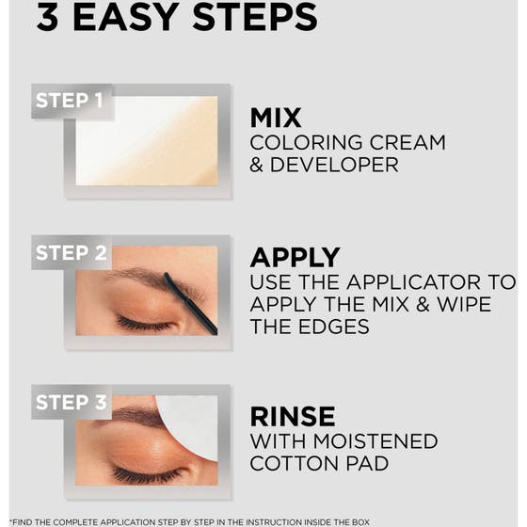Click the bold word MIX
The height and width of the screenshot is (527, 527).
(276, 118)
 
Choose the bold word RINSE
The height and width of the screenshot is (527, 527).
(292, 416)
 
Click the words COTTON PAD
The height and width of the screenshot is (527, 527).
(318, 463)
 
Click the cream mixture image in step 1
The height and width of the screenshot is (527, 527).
(146, 141)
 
